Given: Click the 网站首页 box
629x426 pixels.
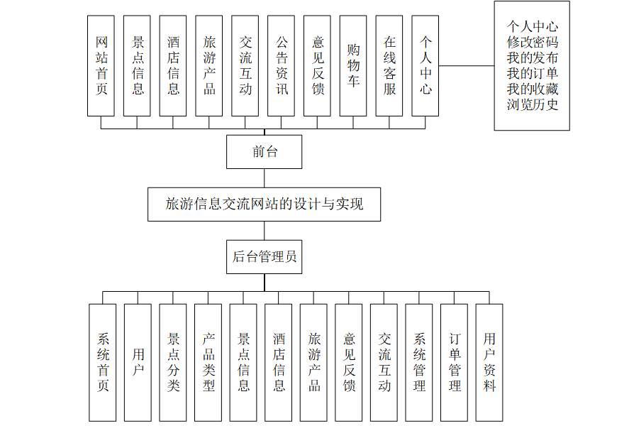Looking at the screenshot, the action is (x=101, y=65).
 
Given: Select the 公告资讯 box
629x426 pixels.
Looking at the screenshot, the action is (x=282, y=65).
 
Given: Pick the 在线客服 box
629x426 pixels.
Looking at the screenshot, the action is (x=389, y=65).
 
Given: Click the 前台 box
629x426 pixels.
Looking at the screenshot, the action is (x=265, y=152).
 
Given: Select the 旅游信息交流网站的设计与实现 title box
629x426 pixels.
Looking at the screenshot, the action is (x=265, y=204).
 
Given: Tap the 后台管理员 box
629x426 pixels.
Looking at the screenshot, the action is (x=265, y=257).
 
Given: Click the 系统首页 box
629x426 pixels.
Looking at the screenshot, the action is (x=103, y=362).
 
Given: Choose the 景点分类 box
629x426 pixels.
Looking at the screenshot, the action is (x=173, y=362).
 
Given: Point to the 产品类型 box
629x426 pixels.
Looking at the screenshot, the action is (x=208, y=362).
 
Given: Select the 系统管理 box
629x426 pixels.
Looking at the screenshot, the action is (x=419, y=362).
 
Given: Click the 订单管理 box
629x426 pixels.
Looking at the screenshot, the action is (x=455, y=362).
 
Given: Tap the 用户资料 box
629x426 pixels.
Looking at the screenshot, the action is (x=489, y=362).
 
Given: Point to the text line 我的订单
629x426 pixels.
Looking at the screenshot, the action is (x=532, y=74).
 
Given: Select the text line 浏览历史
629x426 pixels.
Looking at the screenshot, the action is (x=532, y=105).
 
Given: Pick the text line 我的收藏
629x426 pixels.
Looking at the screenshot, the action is (x=532, y=89).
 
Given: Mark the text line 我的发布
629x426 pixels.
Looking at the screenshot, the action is (x=532, y=58).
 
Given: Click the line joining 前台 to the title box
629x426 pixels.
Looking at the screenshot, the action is (x=265, y=178).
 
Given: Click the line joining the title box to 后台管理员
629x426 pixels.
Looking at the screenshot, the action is (x=265, y=231).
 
